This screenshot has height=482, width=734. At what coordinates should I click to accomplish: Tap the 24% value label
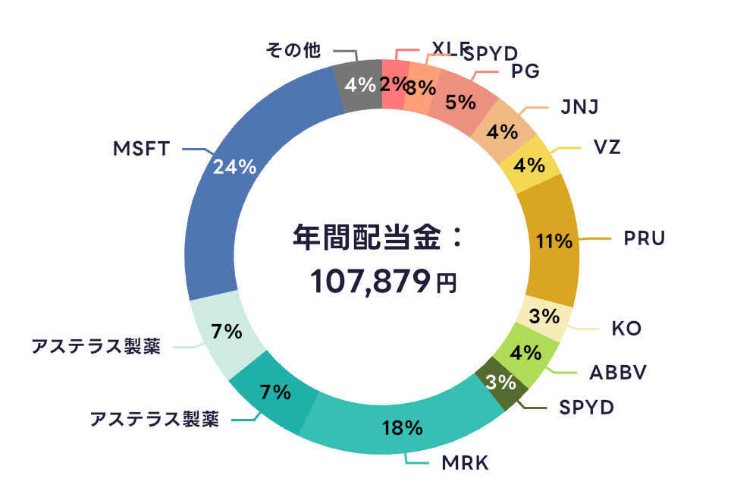(x=234, y=168)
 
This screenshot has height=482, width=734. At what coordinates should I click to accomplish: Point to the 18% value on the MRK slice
(x=402, y=427)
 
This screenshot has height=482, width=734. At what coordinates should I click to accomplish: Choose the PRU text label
(x=644, y=238)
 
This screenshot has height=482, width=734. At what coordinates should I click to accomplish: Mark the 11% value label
(x=553, y=242)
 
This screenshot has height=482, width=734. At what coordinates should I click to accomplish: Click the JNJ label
(x=580, y=107)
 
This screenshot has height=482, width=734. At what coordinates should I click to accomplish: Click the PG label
(x=525, y=71)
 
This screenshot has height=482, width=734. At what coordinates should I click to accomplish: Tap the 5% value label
(x=460, y=102)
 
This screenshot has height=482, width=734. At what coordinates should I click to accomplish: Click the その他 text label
(x=293, y=51)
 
